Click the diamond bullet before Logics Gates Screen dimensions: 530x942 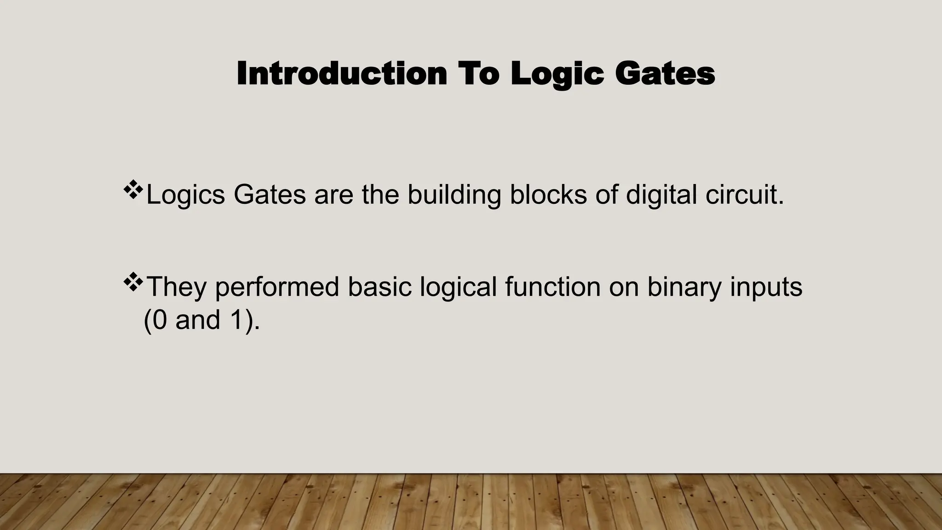[x=133, y=190]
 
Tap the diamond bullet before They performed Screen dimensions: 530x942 [x=133, y=282]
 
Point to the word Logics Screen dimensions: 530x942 [x=185, y=195]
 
